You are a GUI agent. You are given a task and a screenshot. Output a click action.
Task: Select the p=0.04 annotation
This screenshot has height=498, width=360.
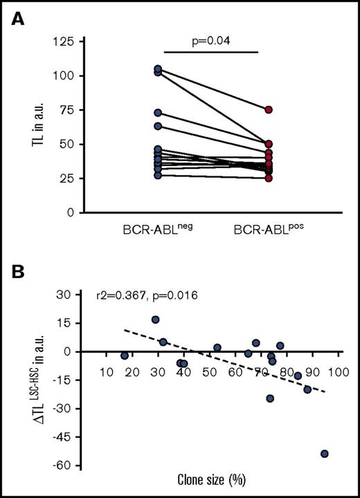[x=212, y=41]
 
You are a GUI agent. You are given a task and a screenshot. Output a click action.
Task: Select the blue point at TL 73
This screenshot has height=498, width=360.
[x=158, y=113]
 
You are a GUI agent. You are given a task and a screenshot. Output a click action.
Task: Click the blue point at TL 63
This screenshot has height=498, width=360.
[x=158, y=127]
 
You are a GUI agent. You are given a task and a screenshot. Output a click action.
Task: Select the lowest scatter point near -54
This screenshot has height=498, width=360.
[x=324, y=454]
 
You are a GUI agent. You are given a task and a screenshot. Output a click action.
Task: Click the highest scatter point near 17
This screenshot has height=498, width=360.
[x=156, y=320]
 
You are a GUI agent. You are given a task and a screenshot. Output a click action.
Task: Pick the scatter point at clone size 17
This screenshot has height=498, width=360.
[x=125, y=356]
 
